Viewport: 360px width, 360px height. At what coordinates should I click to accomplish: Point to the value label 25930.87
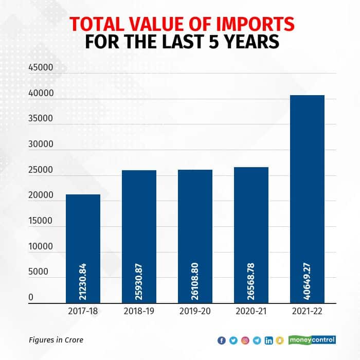pos(139,281)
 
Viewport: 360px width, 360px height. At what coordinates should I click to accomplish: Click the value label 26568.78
pos(251,281)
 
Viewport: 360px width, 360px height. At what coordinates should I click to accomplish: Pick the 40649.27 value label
pos(308,281)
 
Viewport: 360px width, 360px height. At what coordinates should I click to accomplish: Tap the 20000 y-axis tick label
pos(41,195)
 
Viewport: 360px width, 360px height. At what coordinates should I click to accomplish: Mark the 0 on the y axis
pos(31,297)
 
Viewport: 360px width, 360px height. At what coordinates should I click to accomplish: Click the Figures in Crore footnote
pos(56,339)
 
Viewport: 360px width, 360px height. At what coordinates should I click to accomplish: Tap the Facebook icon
pos(222,340)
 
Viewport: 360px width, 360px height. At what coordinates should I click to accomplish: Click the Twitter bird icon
pos(233,340)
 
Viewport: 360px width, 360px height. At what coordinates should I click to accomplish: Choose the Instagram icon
pos(245,340)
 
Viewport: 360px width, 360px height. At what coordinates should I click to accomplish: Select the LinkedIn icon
pos(268,340)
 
